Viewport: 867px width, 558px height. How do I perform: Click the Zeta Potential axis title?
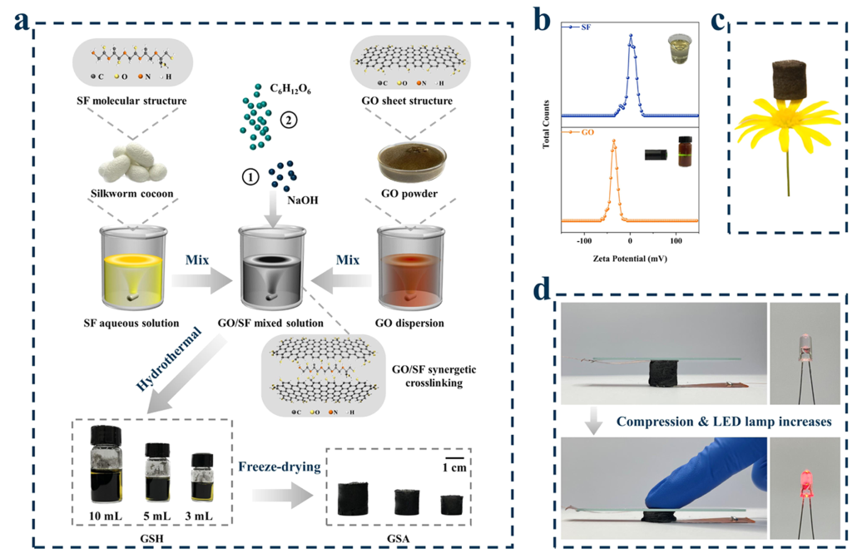pyautogui.click(x=630, y=258)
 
